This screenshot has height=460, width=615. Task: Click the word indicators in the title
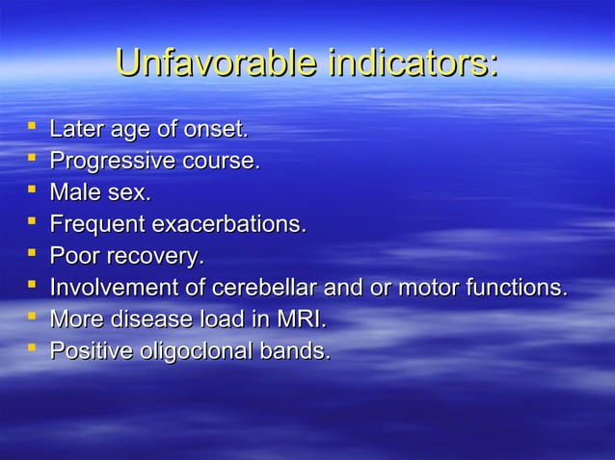[413, 65]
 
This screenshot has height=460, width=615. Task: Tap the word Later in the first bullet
[73, 128]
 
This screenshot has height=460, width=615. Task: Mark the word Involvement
[107, 288]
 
